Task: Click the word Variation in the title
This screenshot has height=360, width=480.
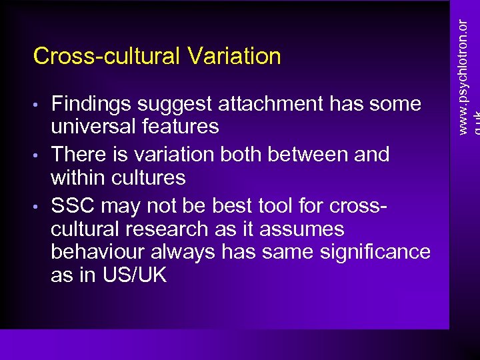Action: pyautogui.click(x=234, y=56)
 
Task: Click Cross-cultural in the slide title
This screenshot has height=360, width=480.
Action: pyautogui.click(x=108, y=56)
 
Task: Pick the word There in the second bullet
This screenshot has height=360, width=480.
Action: pyautogui.click(x=75, y=155)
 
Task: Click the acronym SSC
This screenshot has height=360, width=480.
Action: pyautogui.click(x=72, y=206)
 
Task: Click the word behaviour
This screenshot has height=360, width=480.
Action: pyautogui.click(x=98, y=252)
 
